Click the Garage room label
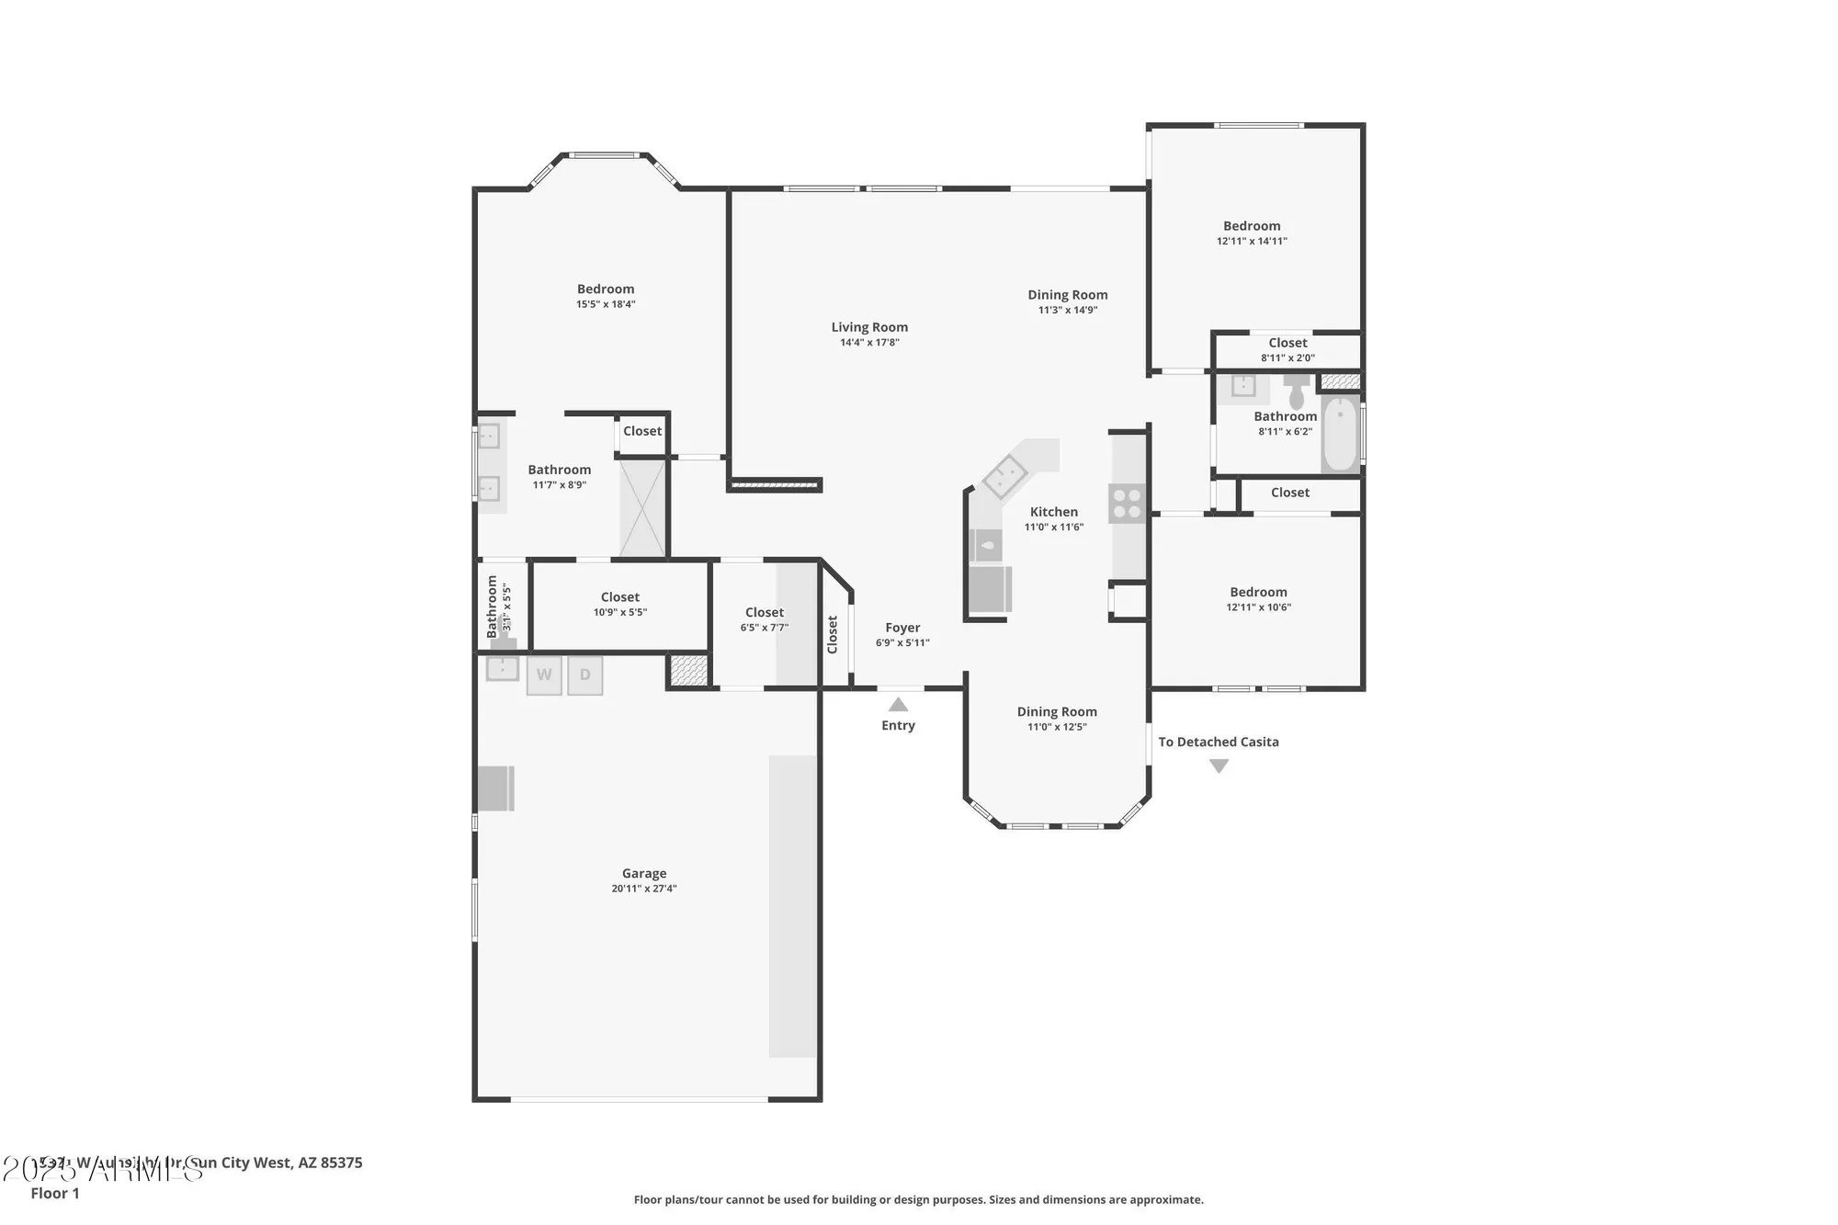(643, 873)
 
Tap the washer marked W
(544, 675)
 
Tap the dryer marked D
(585, 675)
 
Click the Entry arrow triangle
(898, 705)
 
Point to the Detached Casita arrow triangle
(1219, 766)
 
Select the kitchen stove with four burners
(1128, 503)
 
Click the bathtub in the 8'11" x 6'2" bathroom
(1341, 434)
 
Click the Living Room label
(869, 327)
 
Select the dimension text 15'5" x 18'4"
(606, 304)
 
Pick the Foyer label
(902, 628)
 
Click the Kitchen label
(1053, 512)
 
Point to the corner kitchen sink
(1004, 476)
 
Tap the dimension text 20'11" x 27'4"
(643, 889)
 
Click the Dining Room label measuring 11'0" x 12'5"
(1057, 711)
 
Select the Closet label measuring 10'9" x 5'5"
(620, 597)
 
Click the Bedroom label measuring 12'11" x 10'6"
(1258, 592)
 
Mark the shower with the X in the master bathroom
(642, 508)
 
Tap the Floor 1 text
(55, 1193)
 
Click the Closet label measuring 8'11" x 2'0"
(1288, 343)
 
